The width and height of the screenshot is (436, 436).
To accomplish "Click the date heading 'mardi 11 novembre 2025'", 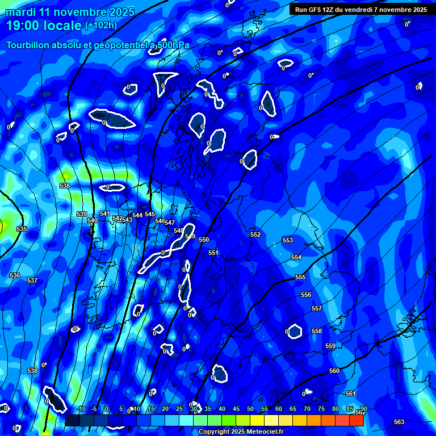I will [70, 12].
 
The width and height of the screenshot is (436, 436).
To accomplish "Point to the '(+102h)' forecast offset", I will [100, 26].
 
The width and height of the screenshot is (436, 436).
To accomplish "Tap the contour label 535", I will [22, 229].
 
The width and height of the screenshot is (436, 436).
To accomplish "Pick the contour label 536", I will [15, 275].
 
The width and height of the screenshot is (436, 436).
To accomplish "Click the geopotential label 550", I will [204, 240].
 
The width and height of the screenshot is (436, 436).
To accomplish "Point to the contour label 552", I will [255, 234].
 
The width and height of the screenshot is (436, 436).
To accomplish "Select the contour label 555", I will [300, 277].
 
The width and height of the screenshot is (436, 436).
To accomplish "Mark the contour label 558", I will [317, 331].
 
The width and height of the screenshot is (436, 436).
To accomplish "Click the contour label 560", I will [334, 371].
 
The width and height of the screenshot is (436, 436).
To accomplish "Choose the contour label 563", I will [399, 422].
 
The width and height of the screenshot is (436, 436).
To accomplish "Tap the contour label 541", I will [105, 213].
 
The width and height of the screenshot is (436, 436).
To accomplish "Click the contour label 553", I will [288, 240].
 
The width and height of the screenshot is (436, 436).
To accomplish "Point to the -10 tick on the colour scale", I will [81, 409].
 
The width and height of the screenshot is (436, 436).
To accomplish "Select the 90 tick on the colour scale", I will [363, 409].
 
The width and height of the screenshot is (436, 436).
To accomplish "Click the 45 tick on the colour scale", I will [236, 409].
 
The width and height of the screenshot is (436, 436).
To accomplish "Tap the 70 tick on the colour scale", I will [307, 409].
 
